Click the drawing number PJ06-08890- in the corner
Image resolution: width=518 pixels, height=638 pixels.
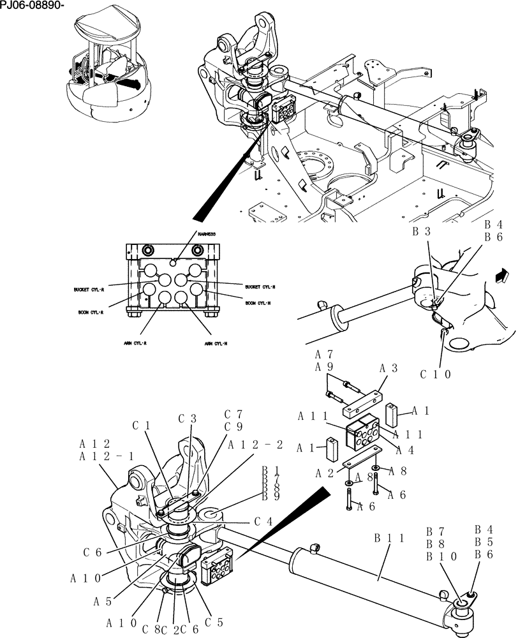[x=33, y=6]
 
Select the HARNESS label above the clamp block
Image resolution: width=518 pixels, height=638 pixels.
[x=206, y=235]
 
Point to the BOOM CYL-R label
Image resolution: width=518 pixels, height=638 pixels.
[x=91, y=313]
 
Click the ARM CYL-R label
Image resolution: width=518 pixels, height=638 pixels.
[x=135, y=343]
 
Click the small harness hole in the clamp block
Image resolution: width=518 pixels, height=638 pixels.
[x=174, y=259]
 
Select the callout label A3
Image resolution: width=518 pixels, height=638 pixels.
[x=389, y=368]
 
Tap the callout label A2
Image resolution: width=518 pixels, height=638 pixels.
[x=326, y=473]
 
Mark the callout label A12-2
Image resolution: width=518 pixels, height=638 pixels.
[x=255, y=445]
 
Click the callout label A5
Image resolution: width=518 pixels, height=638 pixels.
[x=103, y=600]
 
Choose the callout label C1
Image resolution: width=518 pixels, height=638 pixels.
[x=142, y=425]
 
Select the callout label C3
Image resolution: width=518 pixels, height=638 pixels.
[x=187, y=419]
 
